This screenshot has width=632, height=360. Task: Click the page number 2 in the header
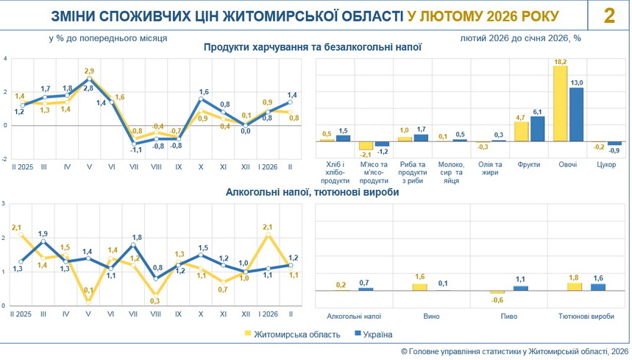(609, 16)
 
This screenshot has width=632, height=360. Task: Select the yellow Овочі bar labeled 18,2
(560, 104)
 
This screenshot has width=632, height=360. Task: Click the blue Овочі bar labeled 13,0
(577, 114)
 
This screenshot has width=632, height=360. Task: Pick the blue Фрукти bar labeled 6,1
(538, 128)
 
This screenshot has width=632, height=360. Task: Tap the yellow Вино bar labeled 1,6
(419, 286)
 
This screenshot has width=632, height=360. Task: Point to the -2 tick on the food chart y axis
(5, 159)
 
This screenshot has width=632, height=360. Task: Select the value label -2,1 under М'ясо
(366, 155)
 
